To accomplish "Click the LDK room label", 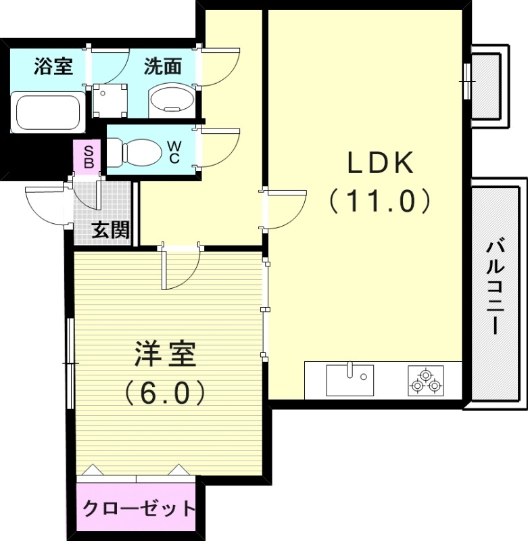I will tap(380, 162).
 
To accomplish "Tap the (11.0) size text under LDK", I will tap(380, 201).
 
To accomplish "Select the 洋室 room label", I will tap(165, 355).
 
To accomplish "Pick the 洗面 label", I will tap(163, 67).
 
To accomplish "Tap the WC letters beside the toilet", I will tap(174, 152).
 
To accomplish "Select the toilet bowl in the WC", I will tap(136, 152).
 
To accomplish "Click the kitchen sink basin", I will tap(350, 380).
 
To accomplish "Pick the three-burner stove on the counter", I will tap(425, 380).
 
